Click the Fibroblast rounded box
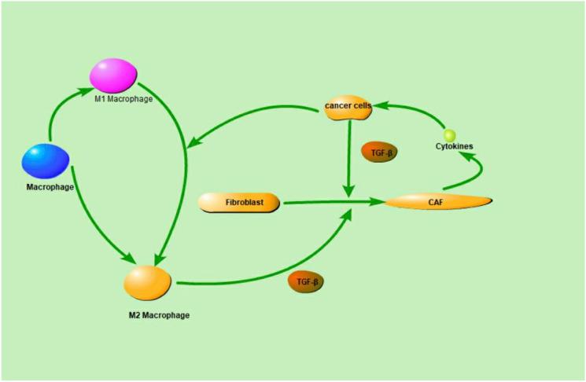(x=239, y=204)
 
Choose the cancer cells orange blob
(x=348, y=109)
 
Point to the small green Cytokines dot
(x=449, y=135)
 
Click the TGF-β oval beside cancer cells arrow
(x=379, y=152)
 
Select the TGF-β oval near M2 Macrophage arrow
(x=305, y=281)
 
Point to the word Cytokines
(x=453, y=147)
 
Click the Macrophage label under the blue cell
(x=50, y=188)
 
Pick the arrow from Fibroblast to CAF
(x=334, y=203)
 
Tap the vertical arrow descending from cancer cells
(x=347, y=157)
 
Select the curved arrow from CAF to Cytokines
(x=471, y=169)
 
